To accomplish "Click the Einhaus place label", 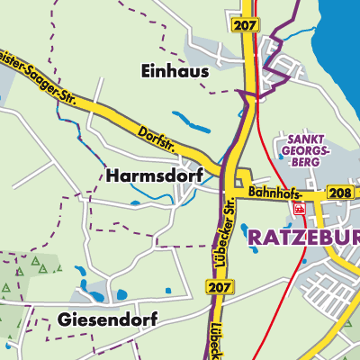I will (x=174, y=70).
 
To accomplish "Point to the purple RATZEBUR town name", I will (x=301, y=237).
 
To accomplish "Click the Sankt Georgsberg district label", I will (x=307, y=149).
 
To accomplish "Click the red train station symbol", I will (x=299, y=209).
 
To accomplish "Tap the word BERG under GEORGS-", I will (x=307, y=161).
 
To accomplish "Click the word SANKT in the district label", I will (x=307, y=139).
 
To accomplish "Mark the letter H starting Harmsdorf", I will (x=111, y=174).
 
